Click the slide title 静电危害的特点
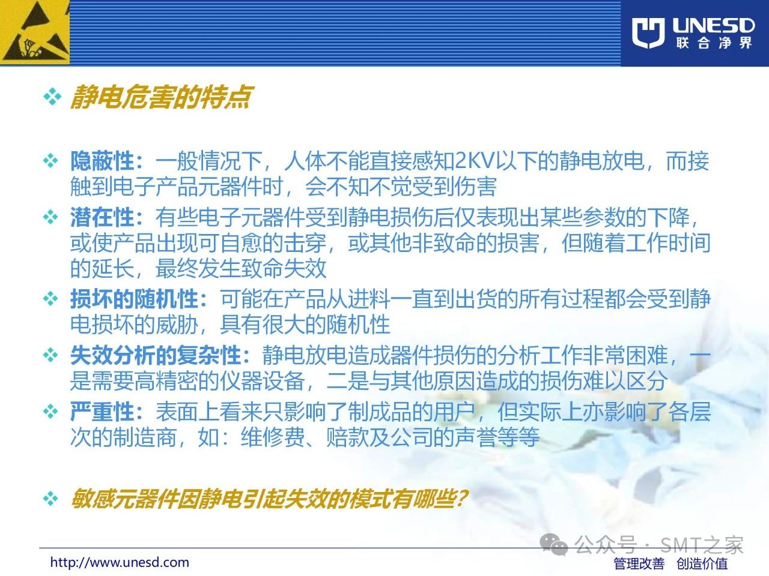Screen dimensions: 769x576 (161, 97)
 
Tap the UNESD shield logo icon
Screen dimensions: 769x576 (648, 33)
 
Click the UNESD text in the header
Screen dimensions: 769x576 (714, 26)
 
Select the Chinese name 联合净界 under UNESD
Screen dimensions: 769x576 (714, 43)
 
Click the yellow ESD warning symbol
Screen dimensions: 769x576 (35, 32)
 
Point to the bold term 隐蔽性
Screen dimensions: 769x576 (102, 161)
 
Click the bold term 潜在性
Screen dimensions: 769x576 (102, 217)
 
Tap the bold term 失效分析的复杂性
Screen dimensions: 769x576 (156, 355)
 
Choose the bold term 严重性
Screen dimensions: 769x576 (102, 411)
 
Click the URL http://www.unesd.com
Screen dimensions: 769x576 (120, 562)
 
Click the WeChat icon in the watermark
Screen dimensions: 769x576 (554, 545)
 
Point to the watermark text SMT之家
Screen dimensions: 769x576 (701, 545)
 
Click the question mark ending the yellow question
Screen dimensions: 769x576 (463, 498)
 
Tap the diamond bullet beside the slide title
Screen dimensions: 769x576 (52, 97)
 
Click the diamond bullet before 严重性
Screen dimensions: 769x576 (50, 411)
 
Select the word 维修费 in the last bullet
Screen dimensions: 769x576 (273, 437)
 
